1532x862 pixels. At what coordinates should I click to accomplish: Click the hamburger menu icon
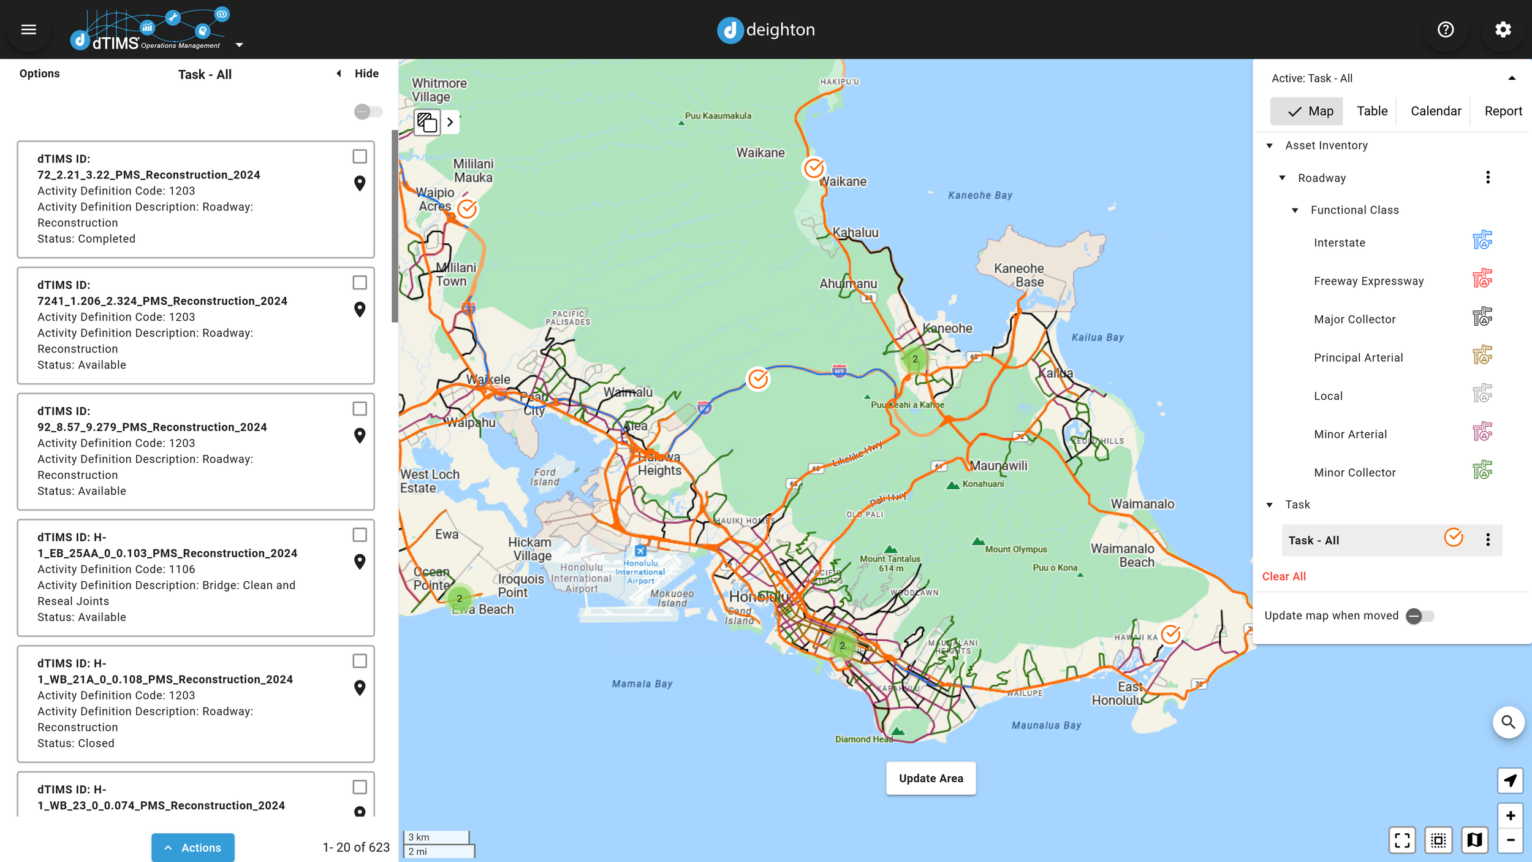pyautogui.click(x=29, y=29)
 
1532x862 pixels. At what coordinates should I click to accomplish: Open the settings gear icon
pyautogui.click(x=1503, y=29)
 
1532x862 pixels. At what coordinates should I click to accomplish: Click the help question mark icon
pyautogui.click(x=1446, y=29)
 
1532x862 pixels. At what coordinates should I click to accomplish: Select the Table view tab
pyautogui.click(x=1371, y=111)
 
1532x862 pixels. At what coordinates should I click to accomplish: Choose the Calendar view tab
pyautogui.click(x=1435, y=111)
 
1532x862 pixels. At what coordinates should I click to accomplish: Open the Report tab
pyautogui.click(x=1503, y=111)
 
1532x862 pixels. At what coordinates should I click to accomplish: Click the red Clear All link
pyautogui.click(x=1284, y=576)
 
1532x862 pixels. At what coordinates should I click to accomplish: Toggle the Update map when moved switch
pyautogui.click(x=1420, y=616)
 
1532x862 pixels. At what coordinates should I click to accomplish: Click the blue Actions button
pyautogui.click(x=193, y=847)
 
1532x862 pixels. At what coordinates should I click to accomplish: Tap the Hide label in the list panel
pyautogui.click(x=366, y=74)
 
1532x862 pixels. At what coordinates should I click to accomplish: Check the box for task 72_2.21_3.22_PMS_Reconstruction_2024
pyautogui.click(x=360, y=156)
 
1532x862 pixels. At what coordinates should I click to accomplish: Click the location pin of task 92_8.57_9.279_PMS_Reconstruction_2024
pyautogui.click(x=360, y=435)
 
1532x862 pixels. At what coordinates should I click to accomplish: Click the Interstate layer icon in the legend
pyautogui.click(x=1482, y=240)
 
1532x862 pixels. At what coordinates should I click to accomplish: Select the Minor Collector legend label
pyautogui.click(x=1354, y=473)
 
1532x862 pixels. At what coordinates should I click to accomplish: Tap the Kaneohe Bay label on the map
pyautogui.click(x=980, y=196)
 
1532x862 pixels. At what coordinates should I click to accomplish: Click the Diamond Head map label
pyautogui.click(x=863, y=739)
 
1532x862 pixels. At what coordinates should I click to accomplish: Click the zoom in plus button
pyautogui.click(x=1510, y=815)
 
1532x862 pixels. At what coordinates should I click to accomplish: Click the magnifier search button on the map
pyautogui.click(x=1508, y=723)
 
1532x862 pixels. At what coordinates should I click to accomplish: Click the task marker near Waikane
pyautogui.click(x=814, y=167)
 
